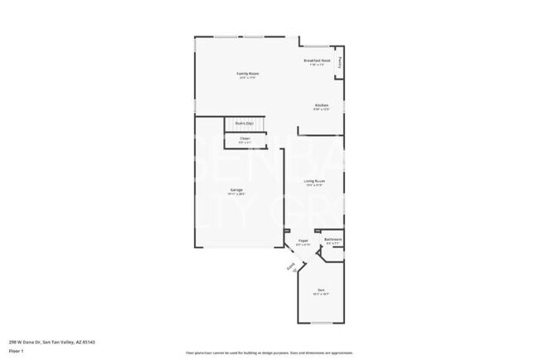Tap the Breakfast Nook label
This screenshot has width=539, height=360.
(318, 61)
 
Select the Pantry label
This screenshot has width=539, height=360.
(339, 61)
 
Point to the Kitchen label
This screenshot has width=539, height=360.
(321, 105)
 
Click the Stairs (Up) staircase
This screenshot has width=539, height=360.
(245, 124)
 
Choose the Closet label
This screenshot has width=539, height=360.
(245, 138)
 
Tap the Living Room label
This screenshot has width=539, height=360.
(313, 181)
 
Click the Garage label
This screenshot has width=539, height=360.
(236, 189)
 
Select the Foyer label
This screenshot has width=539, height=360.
(303, 241)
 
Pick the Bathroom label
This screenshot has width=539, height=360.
(333, 239)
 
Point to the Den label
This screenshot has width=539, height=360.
(320, 289)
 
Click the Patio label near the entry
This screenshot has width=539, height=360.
(290, 269)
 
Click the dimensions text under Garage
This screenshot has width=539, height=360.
(236, 194)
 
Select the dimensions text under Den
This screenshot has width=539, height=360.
(320, 294)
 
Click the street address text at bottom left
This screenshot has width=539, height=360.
(41, 342)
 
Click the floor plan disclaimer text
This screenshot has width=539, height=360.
(269, 353)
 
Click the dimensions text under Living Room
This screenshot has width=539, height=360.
(313, 186)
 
